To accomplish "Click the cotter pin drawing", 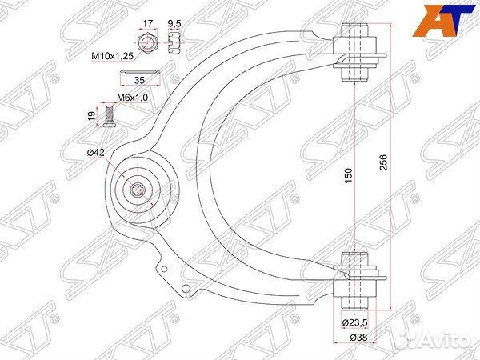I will click(144, 73).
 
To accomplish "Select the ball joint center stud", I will click(138, 190).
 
